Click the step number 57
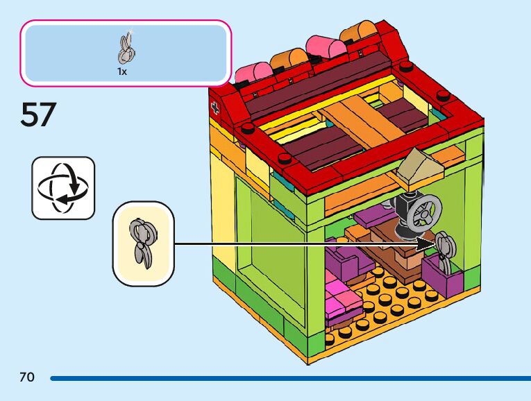(37, 114)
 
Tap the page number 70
(26, 377)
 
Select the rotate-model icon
(62, 188)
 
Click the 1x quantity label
(122, 71)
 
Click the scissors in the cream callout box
(143, 244)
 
